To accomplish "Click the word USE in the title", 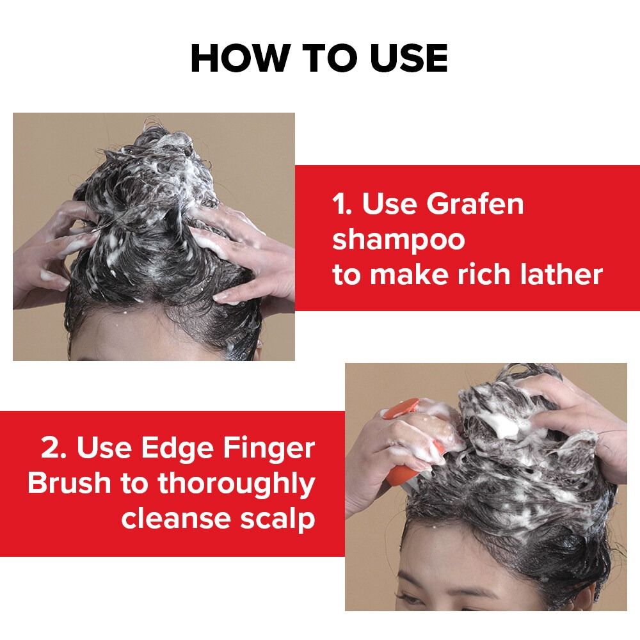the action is click(408, 58).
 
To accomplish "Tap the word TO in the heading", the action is click(328, 58).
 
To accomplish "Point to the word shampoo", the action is click(398, 241).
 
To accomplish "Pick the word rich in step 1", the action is click(484, 274).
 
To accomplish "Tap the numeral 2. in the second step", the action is click(54, 448).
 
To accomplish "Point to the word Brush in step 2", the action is click(69, 483).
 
